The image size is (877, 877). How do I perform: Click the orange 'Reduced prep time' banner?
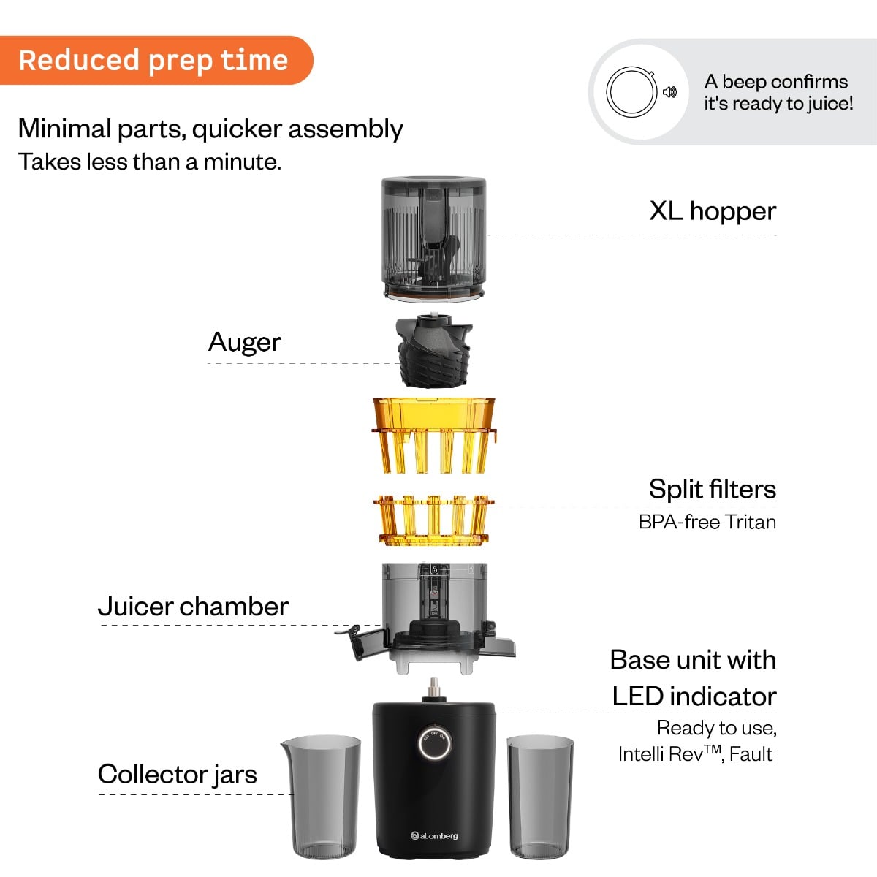click(x=153, y=60)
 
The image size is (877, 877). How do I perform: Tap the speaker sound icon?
click(x=669, y=92)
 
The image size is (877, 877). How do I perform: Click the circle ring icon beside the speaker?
click(x=629, y=91)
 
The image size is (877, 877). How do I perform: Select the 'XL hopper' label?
click(x=712, y=211)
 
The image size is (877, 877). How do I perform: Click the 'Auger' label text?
click(x=244, y=342)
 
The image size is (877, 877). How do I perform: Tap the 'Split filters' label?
click(x=712, y=489)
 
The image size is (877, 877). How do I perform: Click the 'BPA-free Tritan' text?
click(x=707, y=522)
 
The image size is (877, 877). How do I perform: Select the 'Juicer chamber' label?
click(x=193, y=607)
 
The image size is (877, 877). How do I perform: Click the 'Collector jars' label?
click(x=177, y=774)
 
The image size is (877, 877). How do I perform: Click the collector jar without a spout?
click(x=540, y=796)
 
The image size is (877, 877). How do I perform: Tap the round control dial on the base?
click(x=435, y=743)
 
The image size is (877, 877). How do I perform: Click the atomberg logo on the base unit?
click(x=435, y=835)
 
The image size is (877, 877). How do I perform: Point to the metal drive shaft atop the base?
click(x=434, y=688)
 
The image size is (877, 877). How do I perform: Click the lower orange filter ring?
click(x=434, y=520)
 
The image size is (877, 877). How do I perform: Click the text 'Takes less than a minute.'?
click(x=150, y=162)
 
